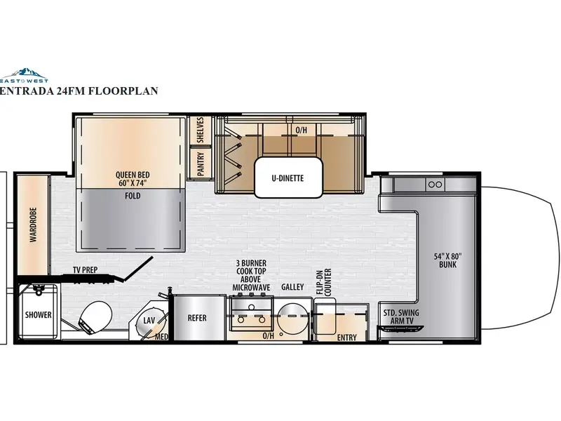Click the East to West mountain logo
[24, 75]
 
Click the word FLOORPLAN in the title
[123, 91]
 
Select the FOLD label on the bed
[133, 196]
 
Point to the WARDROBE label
[33, 225]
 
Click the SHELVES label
[201, 130]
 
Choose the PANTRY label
[201, 164]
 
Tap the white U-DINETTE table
[288, 178]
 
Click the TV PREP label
[85, 270]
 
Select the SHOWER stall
[38, 312]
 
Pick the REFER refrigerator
[197, 317]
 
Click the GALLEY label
[292, 287]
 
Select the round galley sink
[292, 316]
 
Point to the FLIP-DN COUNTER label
[324, 282]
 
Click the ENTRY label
[346, 338]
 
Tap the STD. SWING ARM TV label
[401, 316]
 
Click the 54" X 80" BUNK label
[447, 260]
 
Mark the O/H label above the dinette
[302, 130]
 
